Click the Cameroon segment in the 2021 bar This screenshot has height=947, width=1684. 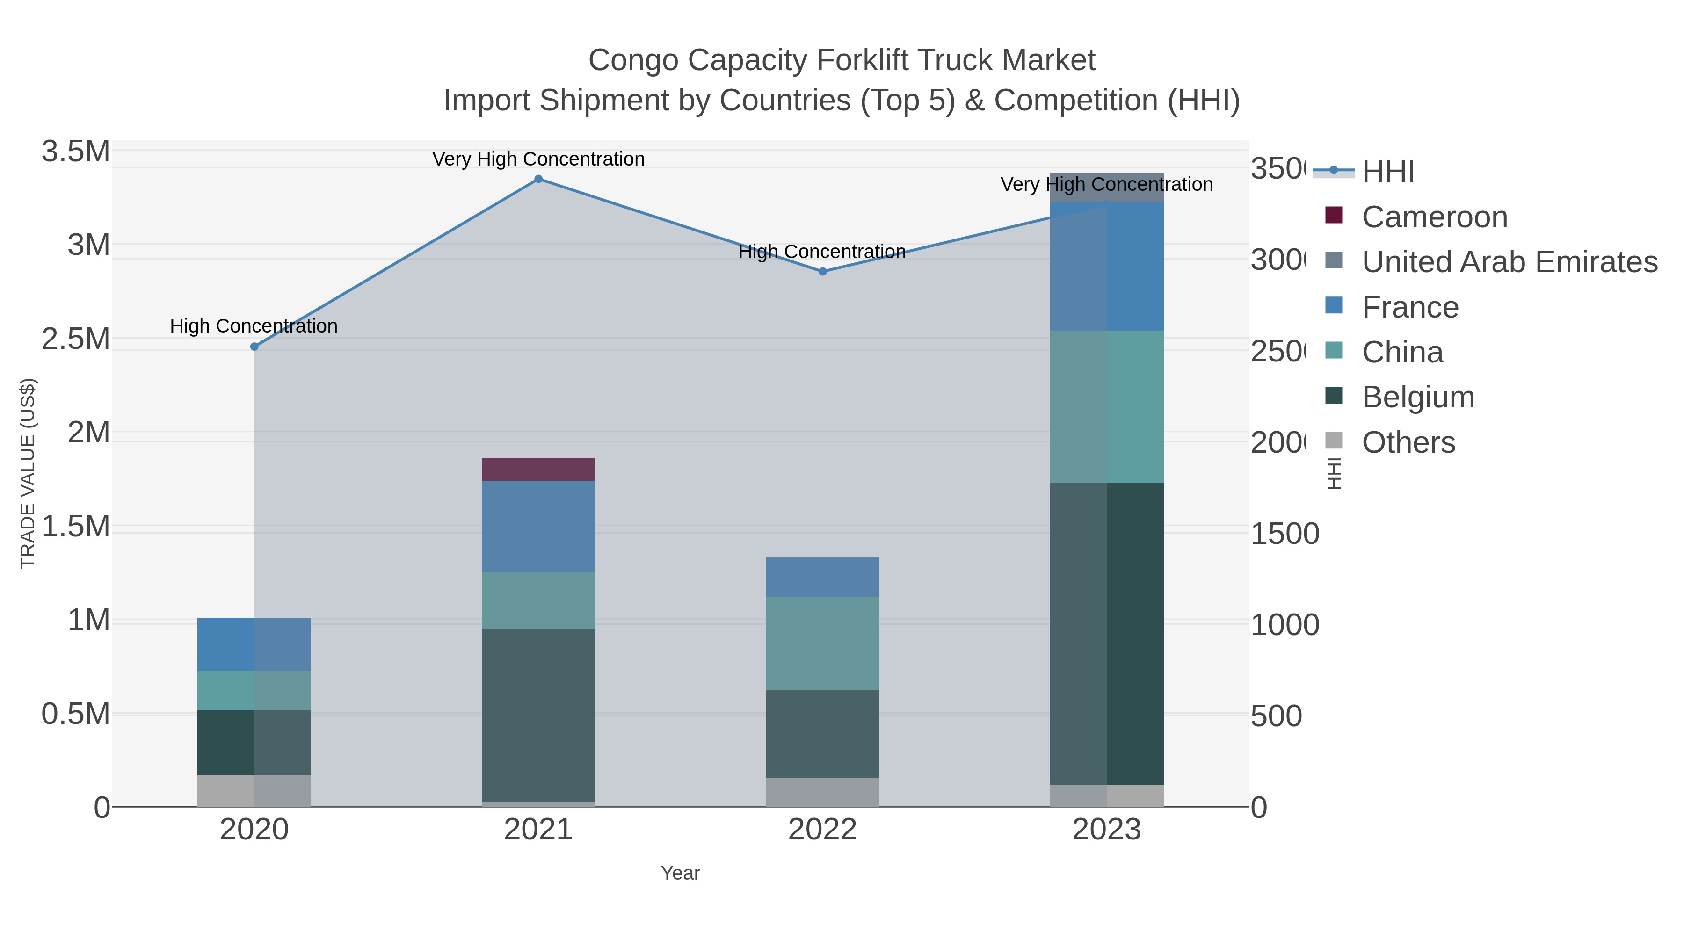pos(538,469)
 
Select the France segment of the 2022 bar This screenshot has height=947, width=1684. pos(822,577)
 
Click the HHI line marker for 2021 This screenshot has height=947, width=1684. pos(538,179)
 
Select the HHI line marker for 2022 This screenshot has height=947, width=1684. pos(822,271)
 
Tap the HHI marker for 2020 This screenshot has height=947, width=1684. pos(254,347)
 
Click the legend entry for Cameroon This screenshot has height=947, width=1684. pos(1434,217)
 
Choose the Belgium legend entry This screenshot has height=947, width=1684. pos(1417,397)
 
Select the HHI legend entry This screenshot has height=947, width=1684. pos(1387,172)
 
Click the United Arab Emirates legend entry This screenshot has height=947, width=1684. pos(1509,261)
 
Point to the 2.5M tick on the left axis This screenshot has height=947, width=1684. pos(76,339)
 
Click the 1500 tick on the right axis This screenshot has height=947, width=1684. pos(1284,534)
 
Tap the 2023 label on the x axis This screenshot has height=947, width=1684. pos(1106,830)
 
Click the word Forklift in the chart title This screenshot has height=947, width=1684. pos(865,60)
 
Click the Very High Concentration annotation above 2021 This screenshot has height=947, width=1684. pos(538,159)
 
